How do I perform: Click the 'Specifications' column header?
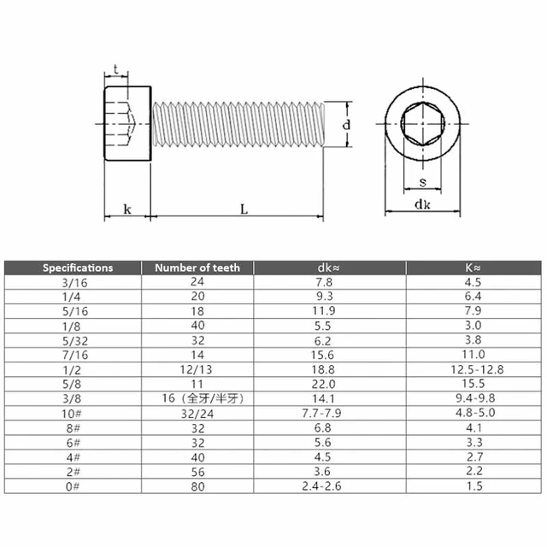78,268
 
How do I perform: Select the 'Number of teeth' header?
197,268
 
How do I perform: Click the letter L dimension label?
244,208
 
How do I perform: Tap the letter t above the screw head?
115,69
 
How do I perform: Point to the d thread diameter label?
344,125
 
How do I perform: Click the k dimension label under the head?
126,208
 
